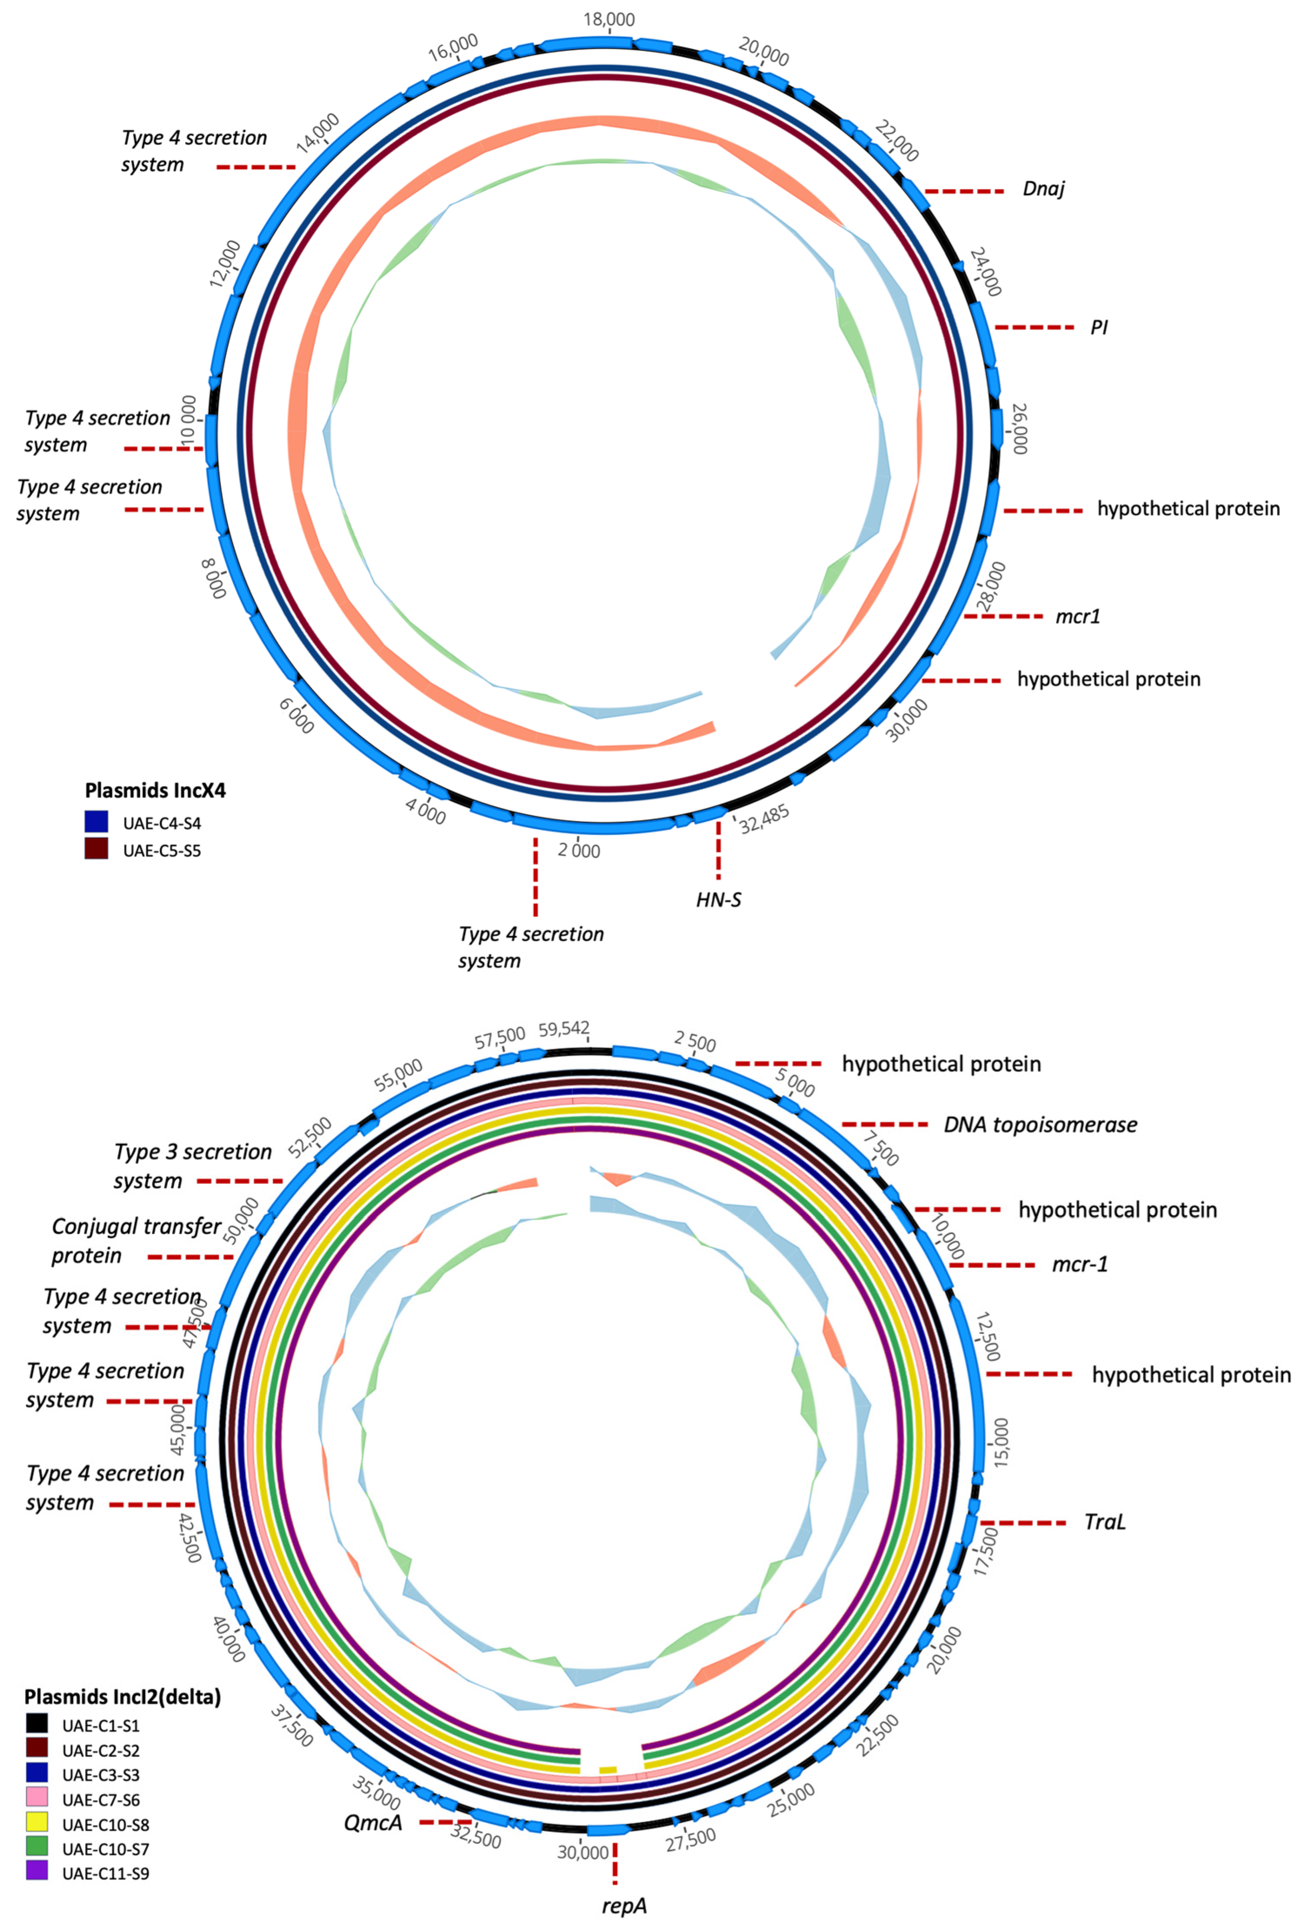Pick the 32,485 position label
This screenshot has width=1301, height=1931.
coord(764,819)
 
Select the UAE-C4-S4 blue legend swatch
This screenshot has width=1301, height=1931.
coord(96,821)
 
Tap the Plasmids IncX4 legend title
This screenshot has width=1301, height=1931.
coord(155,790)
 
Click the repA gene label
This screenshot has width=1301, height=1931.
coord(624,1905)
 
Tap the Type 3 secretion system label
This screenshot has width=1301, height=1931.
coord(192,1166)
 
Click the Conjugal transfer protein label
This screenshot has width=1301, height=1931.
coord(136,1240)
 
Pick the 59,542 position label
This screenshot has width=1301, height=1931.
coord(564,1029)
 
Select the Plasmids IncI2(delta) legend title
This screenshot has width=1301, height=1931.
coord(123,1697)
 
